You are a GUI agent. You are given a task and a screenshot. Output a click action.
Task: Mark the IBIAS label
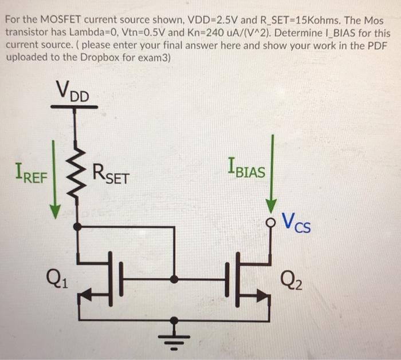pyautogui.click(x=246, y=169)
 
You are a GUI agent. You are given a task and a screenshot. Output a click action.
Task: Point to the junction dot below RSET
pyautogui.click(x=78, y=227)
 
